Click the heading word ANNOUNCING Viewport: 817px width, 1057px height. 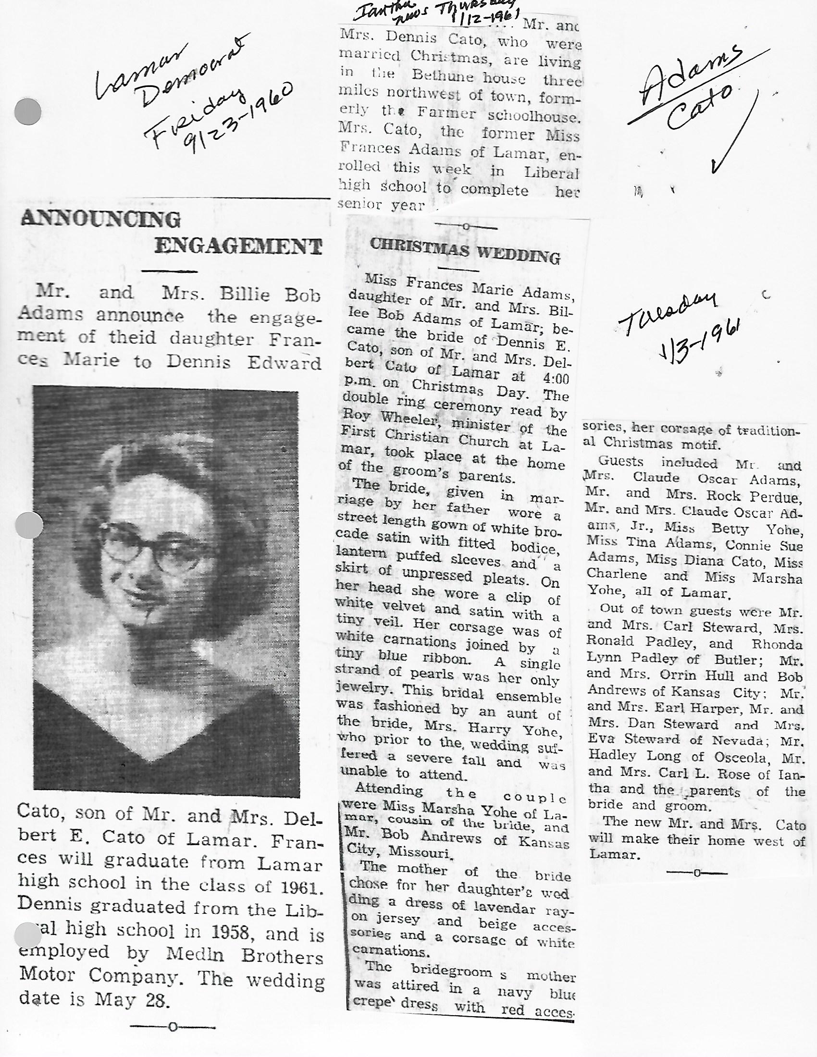(100, 219)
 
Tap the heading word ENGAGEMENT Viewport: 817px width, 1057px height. (238, 246)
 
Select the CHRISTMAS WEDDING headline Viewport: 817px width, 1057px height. (465, 251)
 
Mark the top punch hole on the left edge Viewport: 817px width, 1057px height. (28, 111)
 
